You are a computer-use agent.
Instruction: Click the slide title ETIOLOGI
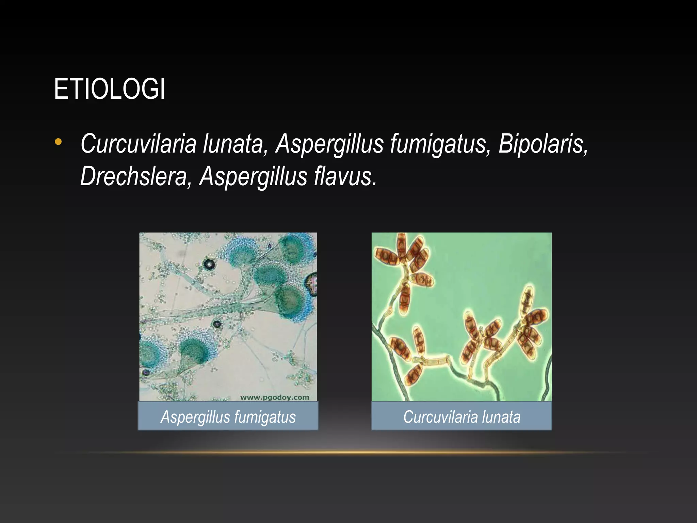tap(110, 89)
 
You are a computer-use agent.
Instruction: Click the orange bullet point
tap(58, 142)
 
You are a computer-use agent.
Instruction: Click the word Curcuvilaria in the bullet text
tap(139, 144)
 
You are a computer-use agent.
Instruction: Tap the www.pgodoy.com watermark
tap(275, 397)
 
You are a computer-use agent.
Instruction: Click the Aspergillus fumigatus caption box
tap(228, 416)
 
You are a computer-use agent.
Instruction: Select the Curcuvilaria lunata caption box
tap(461, 416)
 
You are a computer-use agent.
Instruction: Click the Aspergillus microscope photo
tap(228, 317)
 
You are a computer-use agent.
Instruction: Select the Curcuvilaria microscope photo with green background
tap(461, 317)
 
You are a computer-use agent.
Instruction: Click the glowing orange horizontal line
tap(348, 453)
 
